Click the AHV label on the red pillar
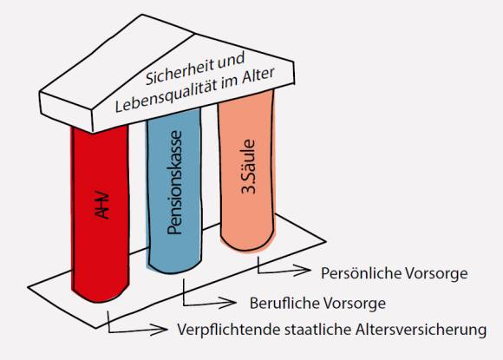click(102, 206)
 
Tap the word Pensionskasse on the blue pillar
click(175, 182)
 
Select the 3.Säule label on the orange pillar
click(248, 167)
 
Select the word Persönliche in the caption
click(361, 273)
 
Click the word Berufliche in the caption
click(284, 303)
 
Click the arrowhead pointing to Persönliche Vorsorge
click(303, 271)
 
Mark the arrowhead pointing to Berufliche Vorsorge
click(228, 302)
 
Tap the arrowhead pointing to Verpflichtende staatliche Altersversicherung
click(159, 329)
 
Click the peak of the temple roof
click(142, 15)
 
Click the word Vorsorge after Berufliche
click(354, 304)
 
